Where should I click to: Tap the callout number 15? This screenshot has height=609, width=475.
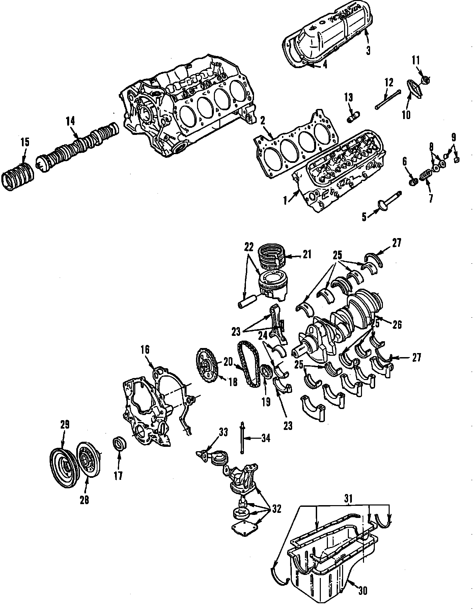pyautogui.click(x=25, y=142)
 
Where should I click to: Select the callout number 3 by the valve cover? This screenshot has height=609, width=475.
pyautogui.click(x=368, y=51)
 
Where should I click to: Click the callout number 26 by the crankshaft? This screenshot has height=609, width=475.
pyautogui.click(x=397, y=324)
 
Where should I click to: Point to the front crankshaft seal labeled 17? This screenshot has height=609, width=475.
pyautogui.click(x=119, y=443)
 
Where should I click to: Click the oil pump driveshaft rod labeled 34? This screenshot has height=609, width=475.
pyautogui.click(x=242, y=438)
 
